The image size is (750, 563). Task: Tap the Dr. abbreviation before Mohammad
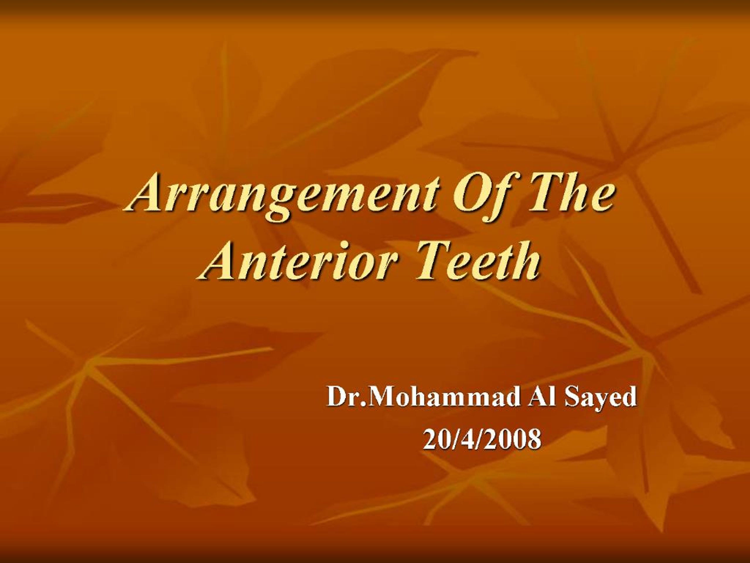[345, 397]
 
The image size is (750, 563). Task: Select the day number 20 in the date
[435, 439]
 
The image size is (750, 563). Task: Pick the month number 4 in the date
[469, 439]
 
